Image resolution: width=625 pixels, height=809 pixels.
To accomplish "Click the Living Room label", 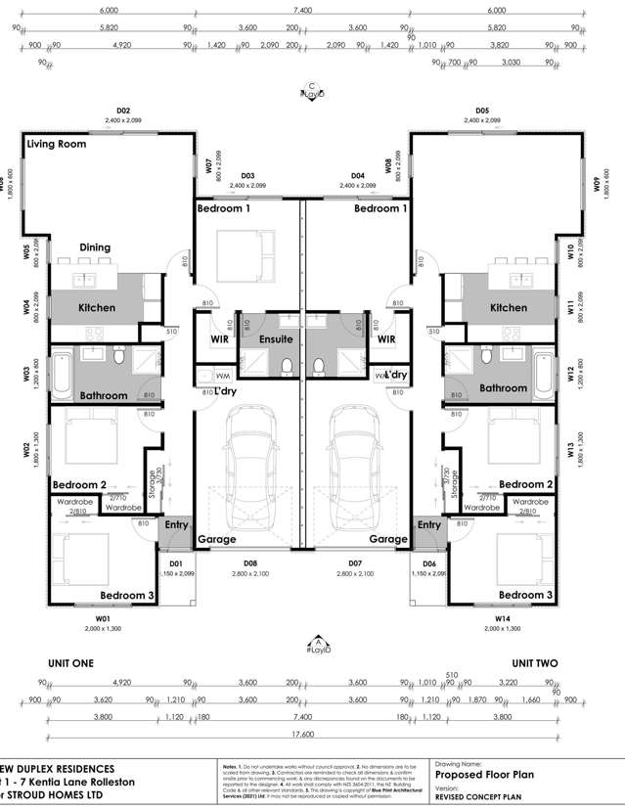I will point(57,144).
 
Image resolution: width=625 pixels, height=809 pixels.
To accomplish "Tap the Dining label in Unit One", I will point(95,247).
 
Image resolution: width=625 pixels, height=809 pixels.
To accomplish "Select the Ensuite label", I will point(276,338).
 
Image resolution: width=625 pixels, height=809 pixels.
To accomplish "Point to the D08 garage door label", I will point(249,564).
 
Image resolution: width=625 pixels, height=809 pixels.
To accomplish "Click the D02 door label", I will point(123,111).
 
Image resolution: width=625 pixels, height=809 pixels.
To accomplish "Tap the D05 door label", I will point(481,111).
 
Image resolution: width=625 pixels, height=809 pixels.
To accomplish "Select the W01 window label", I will point(102,617).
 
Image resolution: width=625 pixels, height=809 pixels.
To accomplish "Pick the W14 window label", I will point(503,617).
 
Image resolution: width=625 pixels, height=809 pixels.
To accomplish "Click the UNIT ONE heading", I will point(68,662).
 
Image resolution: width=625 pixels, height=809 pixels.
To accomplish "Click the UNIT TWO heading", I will point(534,662).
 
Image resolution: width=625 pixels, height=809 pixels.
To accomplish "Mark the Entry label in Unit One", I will point(176,525).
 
